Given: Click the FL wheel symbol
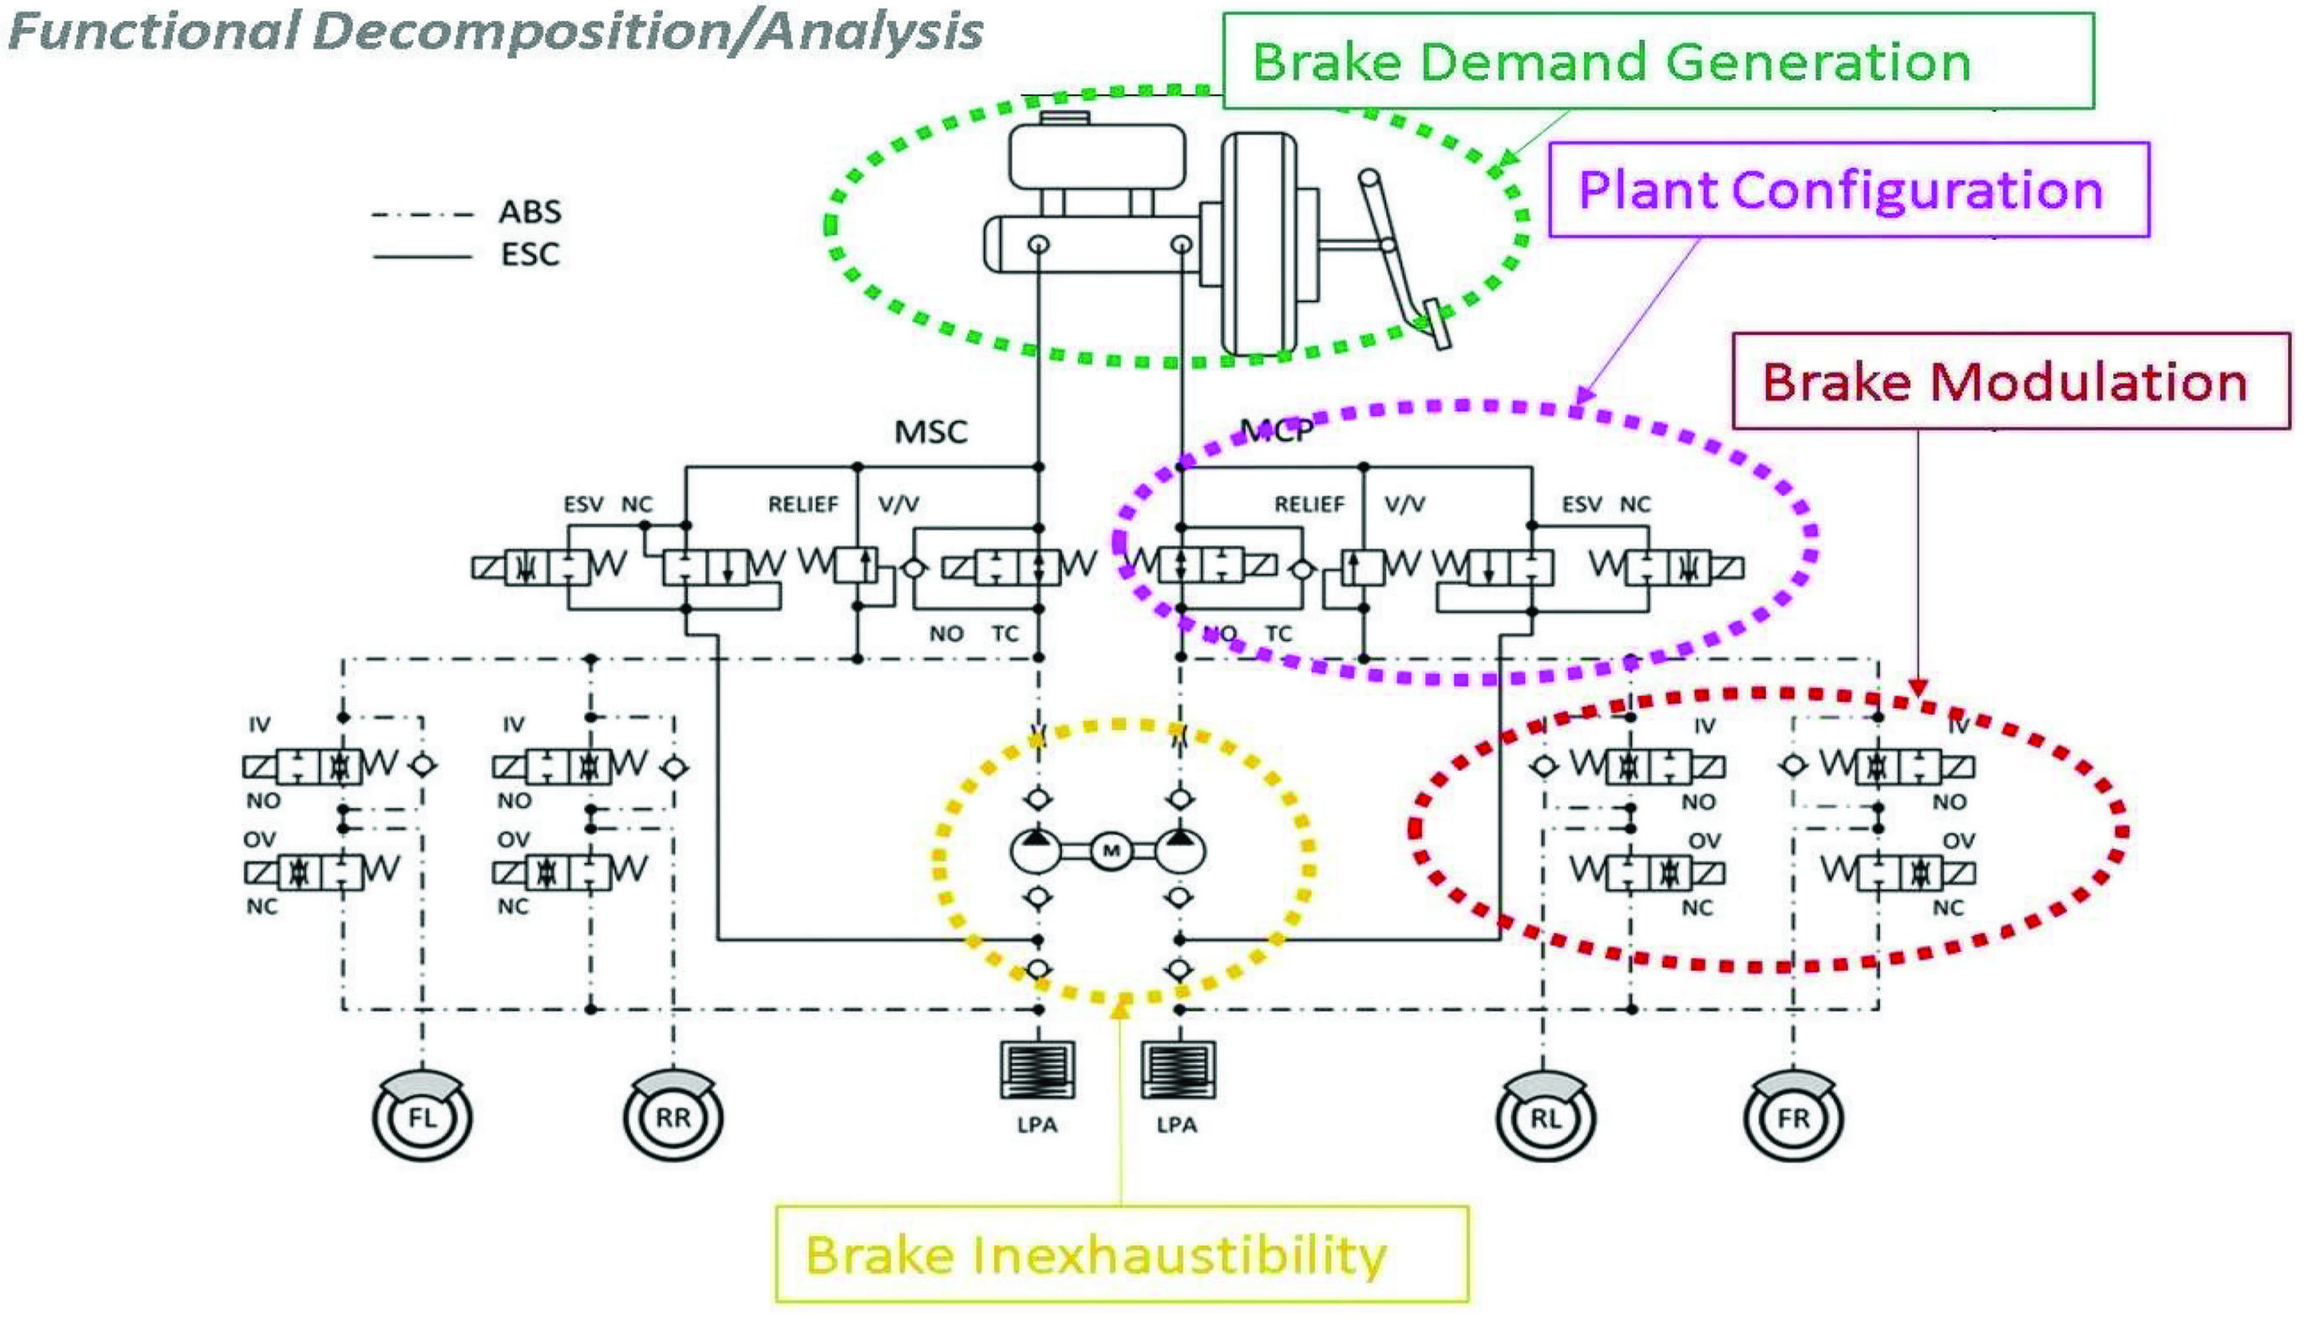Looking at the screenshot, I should coord(422,1116).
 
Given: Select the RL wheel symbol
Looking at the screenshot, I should coord(1545,1116).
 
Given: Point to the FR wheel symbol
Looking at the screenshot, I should coord(1794,1116).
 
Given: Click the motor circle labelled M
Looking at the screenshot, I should coord(1111,851).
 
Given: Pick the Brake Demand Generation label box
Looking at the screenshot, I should coord(1659,61).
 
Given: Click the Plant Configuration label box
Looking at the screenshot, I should coord(1848,190).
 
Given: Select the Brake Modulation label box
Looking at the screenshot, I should coord(2011,381).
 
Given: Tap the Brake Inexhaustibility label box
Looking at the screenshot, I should coord(1122,1254).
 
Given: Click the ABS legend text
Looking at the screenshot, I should coord(529,211).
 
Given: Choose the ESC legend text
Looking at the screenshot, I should coord(529,254).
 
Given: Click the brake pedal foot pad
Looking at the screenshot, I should coord(1436,325).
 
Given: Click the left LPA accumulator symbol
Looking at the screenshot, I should coord(1037,1070).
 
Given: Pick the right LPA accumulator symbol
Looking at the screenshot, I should coord(1179,1070).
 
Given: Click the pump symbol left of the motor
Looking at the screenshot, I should coord(1036,851).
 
